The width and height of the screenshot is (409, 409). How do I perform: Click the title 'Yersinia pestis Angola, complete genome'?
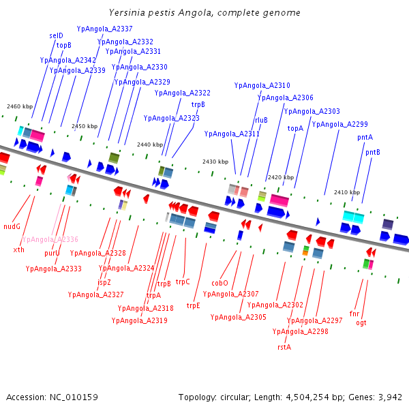204,13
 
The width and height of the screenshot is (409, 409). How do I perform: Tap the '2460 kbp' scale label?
20,106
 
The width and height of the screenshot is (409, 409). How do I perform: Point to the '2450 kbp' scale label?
85,126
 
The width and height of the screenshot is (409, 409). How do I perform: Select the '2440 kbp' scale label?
149,145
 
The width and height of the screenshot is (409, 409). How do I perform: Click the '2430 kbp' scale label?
215,162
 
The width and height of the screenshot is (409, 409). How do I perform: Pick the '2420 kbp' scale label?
280,177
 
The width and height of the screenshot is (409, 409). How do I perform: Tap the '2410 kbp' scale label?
346,192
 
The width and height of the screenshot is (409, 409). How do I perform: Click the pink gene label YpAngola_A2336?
50,239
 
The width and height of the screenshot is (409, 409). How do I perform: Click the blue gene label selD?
56,35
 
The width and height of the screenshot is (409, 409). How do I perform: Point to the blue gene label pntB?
372,152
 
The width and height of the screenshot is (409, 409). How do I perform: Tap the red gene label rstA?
284,347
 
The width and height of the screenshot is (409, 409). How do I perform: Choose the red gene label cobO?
219,282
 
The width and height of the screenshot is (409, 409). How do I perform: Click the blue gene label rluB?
261,120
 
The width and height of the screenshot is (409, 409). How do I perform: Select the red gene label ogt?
361,322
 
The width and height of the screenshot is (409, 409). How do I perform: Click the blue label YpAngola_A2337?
105,29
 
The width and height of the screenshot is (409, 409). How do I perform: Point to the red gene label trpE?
194,305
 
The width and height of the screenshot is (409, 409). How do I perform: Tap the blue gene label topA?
295,128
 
